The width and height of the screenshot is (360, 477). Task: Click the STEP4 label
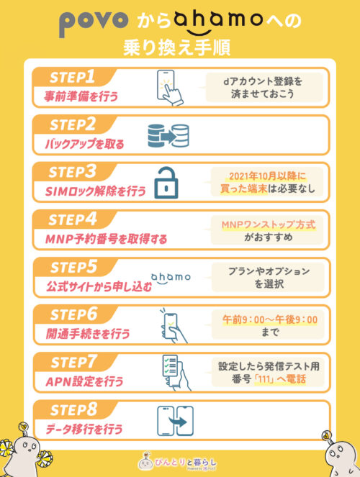tap(75, 219)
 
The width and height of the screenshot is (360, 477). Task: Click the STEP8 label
tap(75, 411)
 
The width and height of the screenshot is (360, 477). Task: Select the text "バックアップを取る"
tap(81, 142)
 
